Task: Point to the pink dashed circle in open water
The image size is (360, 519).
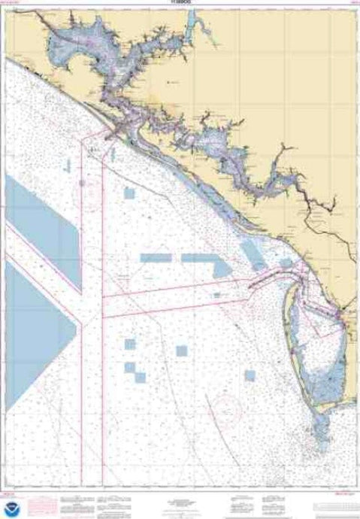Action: [225, 410]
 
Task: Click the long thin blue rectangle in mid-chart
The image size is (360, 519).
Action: [158, 257]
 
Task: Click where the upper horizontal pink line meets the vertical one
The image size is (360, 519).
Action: [101, 296]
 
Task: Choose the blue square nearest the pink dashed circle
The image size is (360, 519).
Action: [181, 350]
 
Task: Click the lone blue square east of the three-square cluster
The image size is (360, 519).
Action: [181, 350]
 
